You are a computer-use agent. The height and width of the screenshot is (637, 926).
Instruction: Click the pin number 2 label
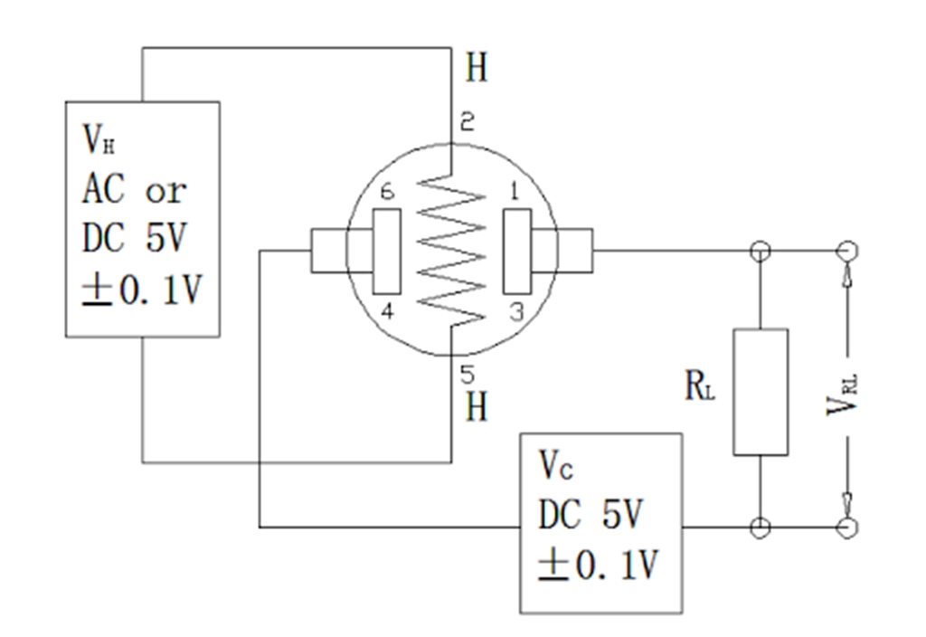pos(467,123)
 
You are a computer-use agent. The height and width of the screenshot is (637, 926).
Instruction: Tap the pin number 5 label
pos(467,372)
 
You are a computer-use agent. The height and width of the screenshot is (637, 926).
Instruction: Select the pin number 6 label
pos(387,193)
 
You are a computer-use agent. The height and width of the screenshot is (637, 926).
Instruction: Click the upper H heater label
pos(477,68)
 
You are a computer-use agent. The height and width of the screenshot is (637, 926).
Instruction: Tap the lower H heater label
pos(477,406)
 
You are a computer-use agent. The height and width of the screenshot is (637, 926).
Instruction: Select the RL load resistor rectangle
pos(760,391)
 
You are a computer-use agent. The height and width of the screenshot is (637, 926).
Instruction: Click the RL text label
pos(699,387)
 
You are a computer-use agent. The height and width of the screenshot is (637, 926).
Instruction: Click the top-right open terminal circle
pos(847,250)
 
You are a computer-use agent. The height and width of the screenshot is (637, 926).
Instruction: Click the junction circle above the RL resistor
pos(760,250)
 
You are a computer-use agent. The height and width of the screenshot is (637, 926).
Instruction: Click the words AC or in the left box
pos(134,189)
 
